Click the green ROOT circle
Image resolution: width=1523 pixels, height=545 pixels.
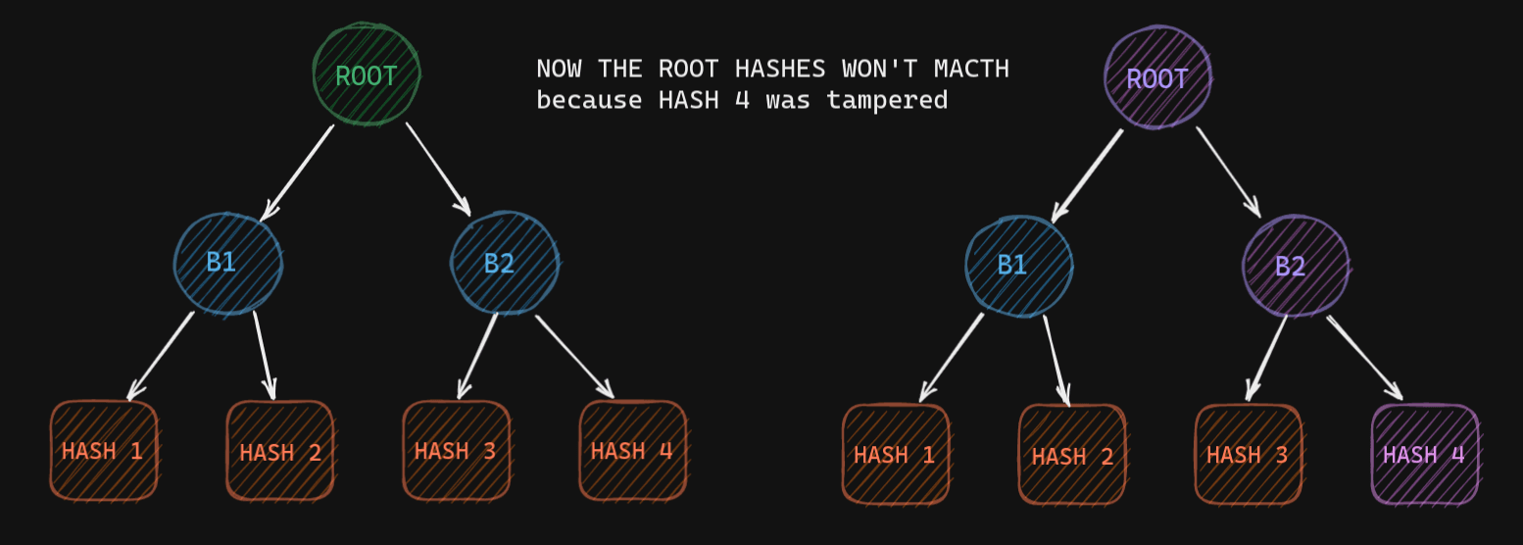click(x=367, y=74)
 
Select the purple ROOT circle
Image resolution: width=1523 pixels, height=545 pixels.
click(x=1157, y=77)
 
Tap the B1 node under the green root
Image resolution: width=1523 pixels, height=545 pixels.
click(x=227, y=264)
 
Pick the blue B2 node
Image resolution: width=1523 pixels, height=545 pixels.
click(x=505, y=263)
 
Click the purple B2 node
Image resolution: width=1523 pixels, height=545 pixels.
click(x=1296, y=266)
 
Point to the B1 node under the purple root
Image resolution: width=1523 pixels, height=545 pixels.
click(x=1018, y=266)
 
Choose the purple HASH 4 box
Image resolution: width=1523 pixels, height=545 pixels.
click(x=1425, y=455)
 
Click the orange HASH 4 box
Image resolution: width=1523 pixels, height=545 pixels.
click(x=632, y=451)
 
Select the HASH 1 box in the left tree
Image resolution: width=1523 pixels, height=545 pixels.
click(x=103, y=451)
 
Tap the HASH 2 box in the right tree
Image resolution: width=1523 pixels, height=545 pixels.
click(x=1071, y=455)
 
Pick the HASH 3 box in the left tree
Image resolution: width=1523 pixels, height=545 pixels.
click(x=457, y=451)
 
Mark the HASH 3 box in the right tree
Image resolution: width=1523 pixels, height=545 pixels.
click(x=1249, y=455)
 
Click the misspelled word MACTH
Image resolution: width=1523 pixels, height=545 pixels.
click(x=971, y=69)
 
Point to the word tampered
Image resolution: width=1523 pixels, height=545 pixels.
click(x=887, y=101)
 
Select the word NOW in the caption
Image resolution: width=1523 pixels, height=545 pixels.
click(x=559, y=69)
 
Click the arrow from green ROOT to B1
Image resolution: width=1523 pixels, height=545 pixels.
click(x=298, y=173)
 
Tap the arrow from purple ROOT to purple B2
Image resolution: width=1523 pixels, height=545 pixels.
click(x=1229, y=173)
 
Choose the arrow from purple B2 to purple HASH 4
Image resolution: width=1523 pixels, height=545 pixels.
click(x=1364, y=358)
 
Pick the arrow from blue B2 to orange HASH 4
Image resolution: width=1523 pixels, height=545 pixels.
click(x=574, y=357)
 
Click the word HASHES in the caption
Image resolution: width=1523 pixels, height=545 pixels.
click(x=780, y=69)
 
